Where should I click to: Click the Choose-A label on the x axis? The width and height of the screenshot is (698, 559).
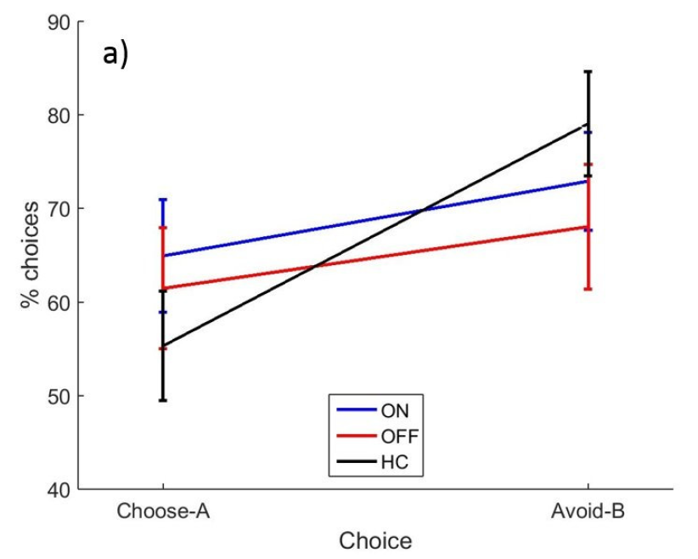point(163,511)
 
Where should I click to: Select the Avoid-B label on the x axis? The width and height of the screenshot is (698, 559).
point(587,511)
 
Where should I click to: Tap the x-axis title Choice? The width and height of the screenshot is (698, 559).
point(375,540)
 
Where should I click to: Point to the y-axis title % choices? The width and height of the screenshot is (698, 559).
point(31,255)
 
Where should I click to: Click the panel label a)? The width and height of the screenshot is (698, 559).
point(116,54)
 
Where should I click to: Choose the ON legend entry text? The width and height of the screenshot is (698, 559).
point(394,409)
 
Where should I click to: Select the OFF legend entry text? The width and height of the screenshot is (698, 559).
point(397,436)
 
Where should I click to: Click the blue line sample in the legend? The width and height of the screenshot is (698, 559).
point(356,409)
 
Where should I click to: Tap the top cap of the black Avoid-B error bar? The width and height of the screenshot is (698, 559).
point(587,71)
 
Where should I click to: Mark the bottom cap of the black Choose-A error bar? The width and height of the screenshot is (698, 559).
point(162,400)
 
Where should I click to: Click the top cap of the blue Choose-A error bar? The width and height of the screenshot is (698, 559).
point(162,200)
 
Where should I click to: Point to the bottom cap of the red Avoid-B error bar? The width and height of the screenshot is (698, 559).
point(587,289)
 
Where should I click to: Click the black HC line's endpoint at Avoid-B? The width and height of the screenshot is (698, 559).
point(587,124)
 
